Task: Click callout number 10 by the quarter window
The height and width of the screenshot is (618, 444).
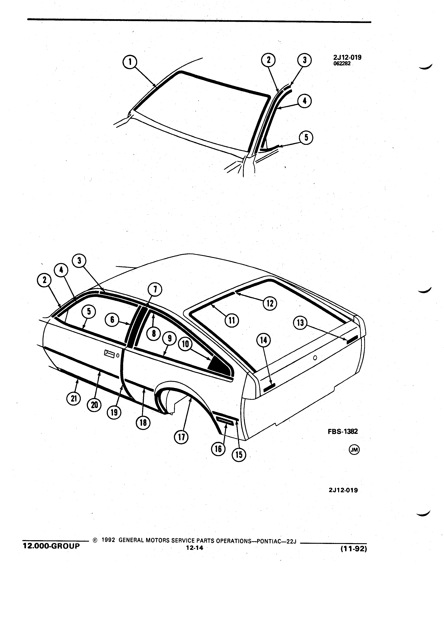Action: point(185,344)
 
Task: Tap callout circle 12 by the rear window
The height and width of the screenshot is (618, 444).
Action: point(270,303)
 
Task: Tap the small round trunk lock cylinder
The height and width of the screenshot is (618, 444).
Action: point(315,358)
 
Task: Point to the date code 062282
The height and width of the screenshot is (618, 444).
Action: point(342,64)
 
